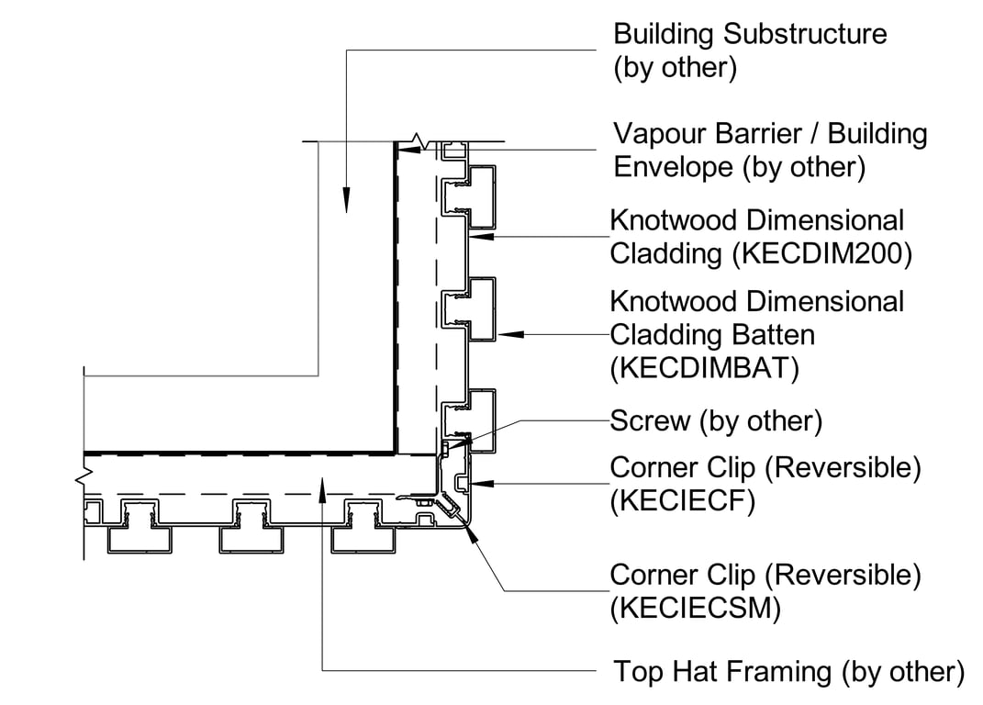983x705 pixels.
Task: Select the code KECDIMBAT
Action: [x=704, y=368]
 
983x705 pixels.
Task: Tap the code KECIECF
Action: [x=682, y=503]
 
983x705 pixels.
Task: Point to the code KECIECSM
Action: [x=695, y=610]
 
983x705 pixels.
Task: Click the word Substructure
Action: [x=806, y=35]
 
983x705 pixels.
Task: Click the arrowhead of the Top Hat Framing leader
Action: [x=323, y=487]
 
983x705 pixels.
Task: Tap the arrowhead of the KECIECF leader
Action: [x=484, y=481]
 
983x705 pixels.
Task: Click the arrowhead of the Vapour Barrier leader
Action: [x=403, y=149]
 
